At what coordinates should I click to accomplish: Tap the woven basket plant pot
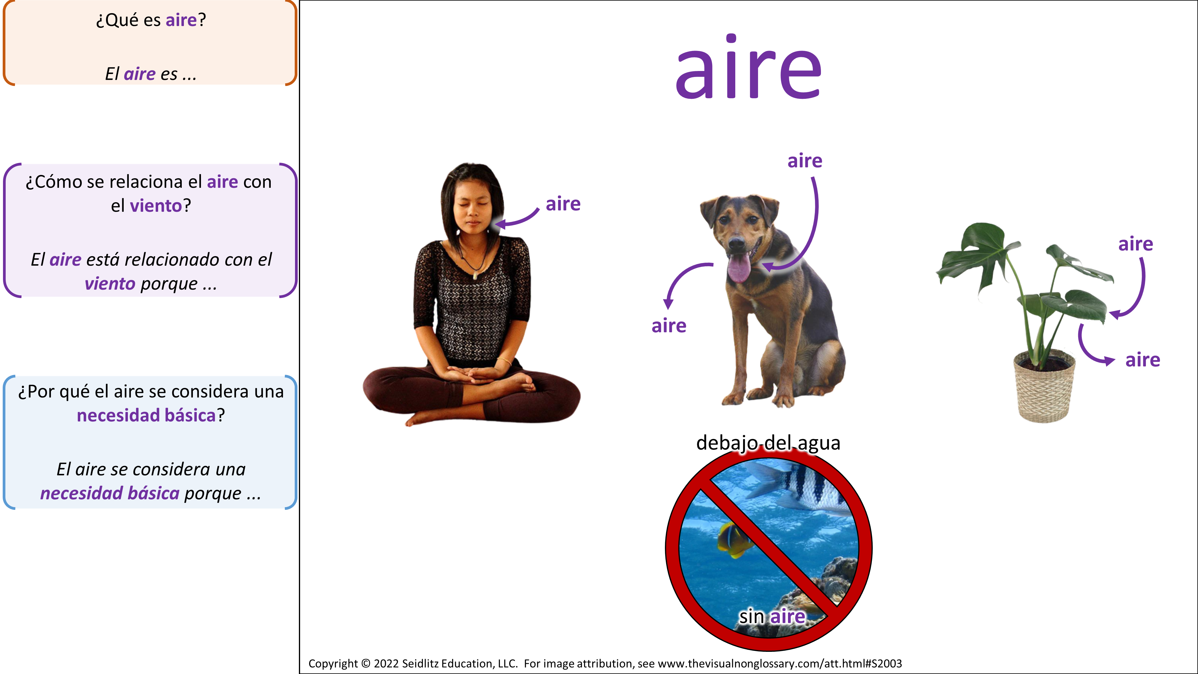pos(1044,386)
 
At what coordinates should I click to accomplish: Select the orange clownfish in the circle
pos(733,539)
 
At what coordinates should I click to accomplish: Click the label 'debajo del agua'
pos(768,443)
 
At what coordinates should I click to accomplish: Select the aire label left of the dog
pos(669,326)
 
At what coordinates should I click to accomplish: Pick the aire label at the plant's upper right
pos(1136,244)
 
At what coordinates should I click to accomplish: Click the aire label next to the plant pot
pos(1143,360)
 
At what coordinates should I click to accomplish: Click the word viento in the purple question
pos(156,205)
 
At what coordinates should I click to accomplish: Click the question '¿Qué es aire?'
pos(151,20)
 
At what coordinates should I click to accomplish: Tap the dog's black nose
pos(736,242)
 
